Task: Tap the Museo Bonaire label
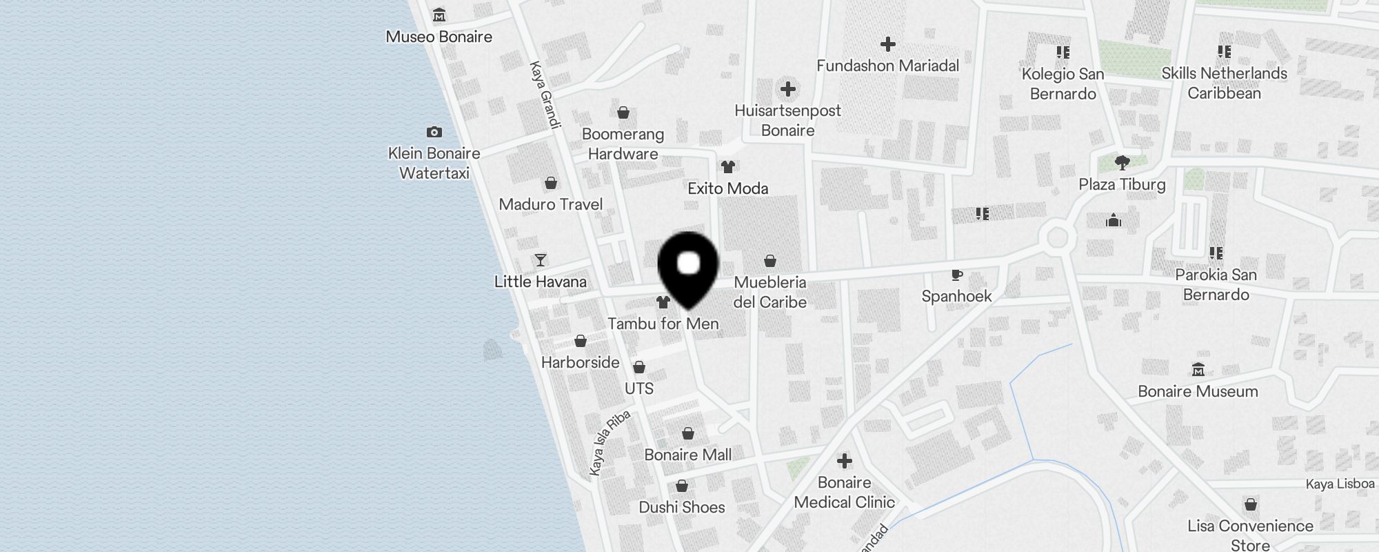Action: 439,37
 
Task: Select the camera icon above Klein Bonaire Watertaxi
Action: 434,132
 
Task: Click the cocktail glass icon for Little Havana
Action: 541,260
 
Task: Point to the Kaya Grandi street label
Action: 545,95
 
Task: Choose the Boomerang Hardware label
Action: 623,144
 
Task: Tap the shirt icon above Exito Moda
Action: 727,166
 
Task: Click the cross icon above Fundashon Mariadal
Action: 887,44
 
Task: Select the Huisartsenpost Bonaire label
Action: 787,120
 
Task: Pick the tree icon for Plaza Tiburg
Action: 1122,163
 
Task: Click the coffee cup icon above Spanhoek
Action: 956,275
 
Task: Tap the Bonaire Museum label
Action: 1198,391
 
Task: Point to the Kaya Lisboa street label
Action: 1340,484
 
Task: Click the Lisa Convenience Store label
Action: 1250,535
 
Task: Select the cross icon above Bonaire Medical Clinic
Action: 844,461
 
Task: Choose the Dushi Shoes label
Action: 681,507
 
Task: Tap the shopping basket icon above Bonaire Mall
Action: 687,433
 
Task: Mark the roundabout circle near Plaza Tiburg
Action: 1057,238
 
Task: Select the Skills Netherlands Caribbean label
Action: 1224,83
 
